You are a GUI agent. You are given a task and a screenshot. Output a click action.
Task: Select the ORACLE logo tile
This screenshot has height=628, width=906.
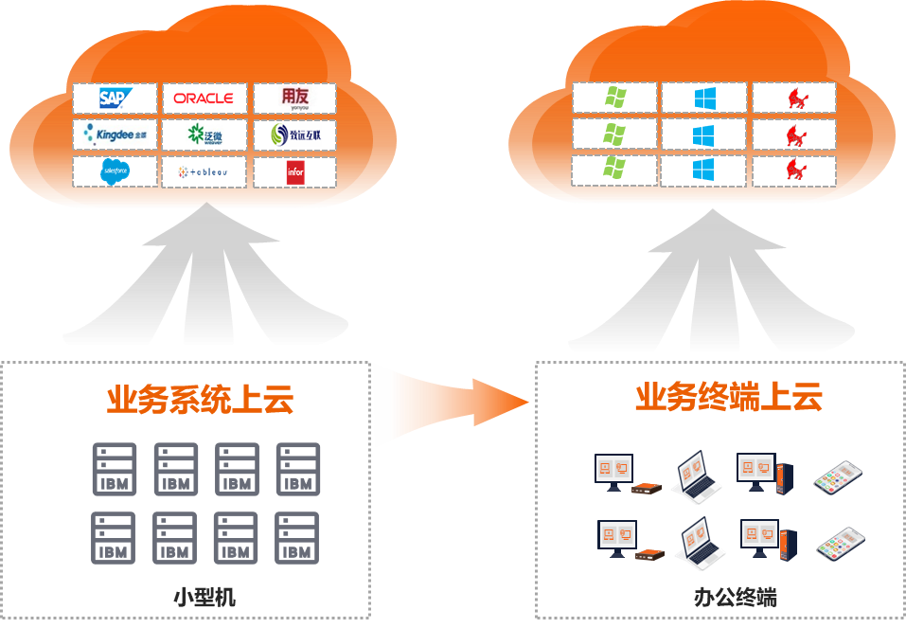(x=204, y=98)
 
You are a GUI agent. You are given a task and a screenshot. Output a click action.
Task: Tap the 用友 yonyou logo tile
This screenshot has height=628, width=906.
(x=294, y=98)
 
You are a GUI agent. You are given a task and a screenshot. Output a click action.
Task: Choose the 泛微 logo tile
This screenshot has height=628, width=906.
(x=204, y=135)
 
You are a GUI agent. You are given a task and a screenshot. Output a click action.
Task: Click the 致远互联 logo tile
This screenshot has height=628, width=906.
(x=294, y=135)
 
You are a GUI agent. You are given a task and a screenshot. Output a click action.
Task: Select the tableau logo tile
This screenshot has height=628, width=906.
(x=204, y=171)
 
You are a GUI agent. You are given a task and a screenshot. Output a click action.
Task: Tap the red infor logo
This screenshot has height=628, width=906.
(x=295, y=171)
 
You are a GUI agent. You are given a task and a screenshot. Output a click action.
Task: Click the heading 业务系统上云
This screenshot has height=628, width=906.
(x=200, y=399)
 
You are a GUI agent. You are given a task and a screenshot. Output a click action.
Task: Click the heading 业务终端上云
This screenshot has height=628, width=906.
(x=728, y=397)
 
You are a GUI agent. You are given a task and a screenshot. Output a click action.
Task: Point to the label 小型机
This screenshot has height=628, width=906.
(x=204, y=597)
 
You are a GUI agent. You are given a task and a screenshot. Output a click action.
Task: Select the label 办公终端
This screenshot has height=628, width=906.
(x=735, y=597)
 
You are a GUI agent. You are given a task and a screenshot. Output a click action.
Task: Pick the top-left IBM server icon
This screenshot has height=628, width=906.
(x=114, y=468)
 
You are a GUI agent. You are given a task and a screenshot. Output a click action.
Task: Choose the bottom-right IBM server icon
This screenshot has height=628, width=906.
(x=297, y=537)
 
